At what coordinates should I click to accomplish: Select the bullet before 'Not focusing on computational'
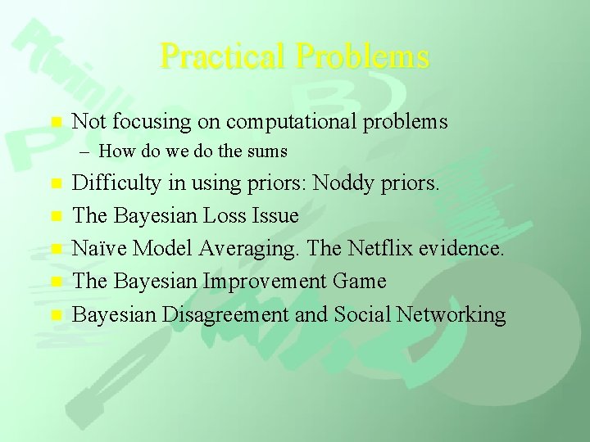coord(56,122)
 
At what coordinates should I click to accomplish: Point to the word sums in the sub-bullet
coord(268,151)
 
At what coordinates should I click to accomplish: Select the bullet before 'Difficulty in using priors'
coord(56,184)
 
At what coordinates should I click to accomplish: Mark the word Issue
coord(279,216)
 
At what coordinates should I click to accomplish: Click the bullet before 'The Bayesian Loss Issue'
coord(56,216)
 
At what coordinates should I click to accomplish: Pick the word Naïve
coord(99,249)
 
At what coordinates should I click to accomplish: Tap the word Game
coord(358,282)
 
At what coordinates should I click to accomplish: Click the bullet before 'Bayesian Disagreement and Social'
coord(56,314)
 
